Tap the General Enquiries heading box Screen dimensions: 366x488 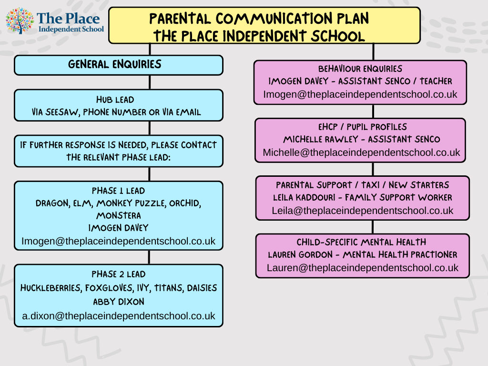(x=118, y=65)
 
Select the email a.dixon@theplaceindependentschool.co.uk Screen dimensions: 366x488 (x=119, y=315)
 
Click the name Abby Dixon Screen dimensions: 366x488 (x=119, y=302)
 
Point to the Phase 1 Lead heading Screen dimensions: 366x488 (x=119, y=191)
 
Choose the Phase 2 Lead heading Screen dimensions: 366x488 (x=119, y=274)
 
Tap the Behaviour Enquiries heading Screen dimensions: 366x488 (x=360, y=69)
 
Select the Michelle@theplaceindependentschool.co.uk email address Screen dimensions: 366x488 (x=361, y=152)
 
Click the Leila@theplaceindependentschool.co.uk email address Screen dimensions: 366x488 (x=363, y=210)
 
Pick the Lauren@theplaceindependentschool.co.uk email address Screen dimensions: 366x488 (x=362, y=268)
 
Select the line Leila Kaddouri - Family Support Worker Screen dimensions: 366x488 (x=363, y=197)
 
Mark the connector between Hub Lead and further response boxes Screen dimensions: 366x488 (x=150, y=128)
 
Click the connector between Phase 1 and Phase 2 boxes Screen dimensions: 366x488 (x=150, y=257)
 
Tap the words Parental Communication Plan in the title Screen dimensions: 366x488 (x=259, y=19)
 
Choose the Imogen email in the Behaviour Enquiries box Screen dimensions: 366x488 (x=360, y=94)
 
